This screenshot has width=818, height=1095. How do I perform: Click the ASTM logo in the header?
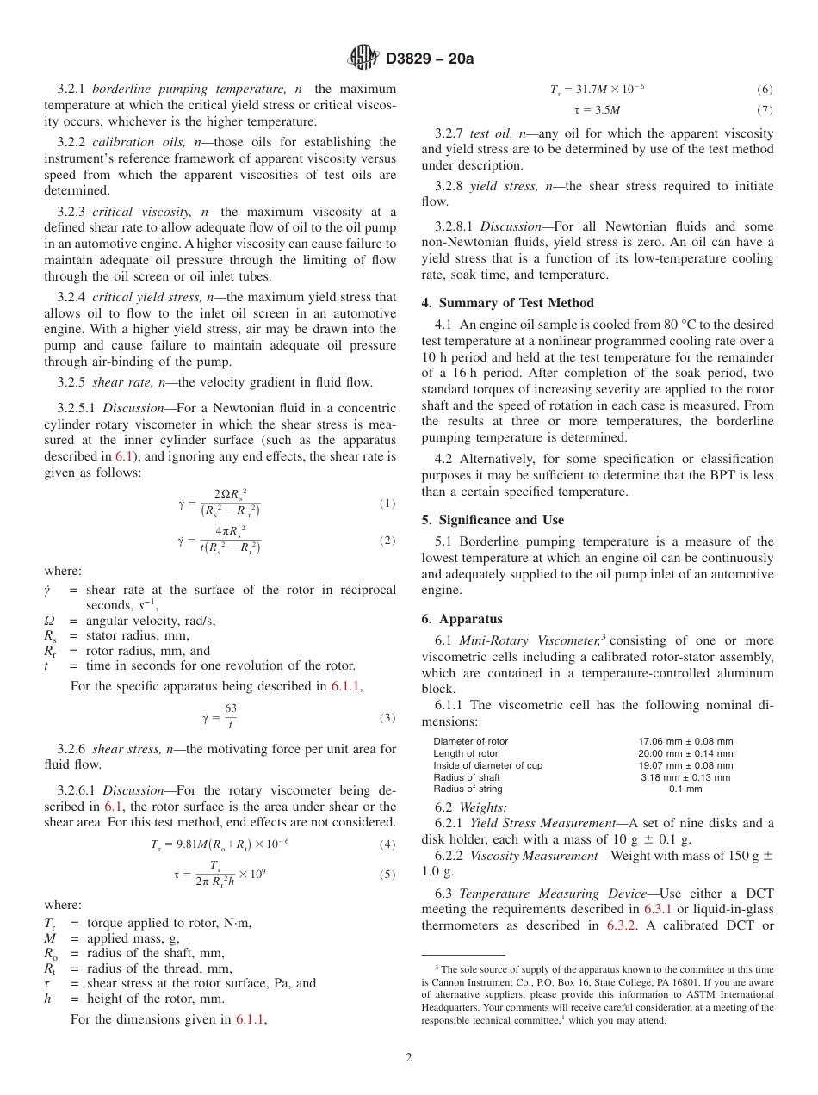(363, 59)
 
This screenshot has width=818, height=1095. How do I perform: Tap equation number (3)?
(387, 718)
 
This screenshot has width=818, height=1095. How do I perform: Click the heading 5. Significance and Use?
(493, 520)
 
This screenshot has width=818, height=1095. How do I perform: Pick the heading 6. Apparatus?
(462, 619)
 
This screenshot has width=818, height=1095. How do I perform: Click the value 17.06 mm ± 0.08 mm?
(685, 741)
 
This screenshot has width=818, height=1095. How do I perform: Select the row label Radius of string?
(468, 789)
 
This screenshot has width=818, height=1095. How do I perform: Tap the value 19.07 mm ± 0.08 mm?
(685, 765)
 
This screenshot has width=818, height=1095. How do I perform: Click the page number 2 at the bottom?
(409, 1058)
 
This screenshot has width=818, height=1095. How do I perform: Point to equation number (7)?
(765, 110)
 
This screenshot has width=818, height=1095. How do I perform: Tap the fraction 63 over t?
(230, 716)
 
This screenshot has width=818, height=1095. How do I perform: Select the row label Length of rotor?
(466, 753)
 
